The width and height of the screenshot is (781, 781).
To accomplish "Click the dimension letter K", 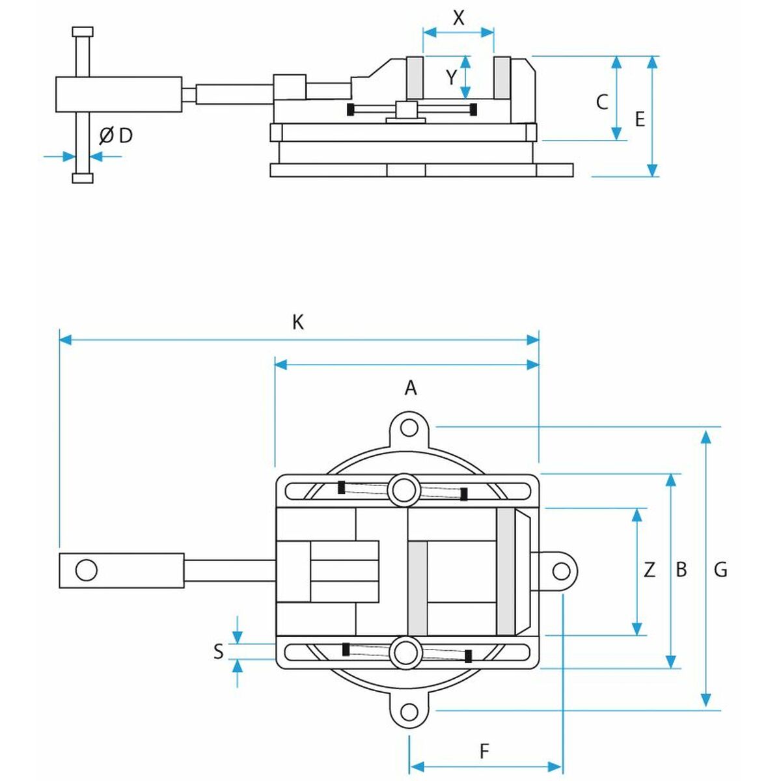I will [x=298, y=322].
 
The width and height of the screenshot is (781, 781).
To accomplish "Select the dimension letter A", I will [x=411, y=388].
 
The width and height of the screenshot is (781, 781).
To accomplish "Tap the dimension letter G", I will [x=720, y=569].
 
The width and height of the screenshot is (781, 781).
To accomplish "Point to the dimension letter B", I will [x=681, y=569].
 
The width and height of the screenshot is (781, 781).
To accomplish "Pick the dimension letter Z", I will [x=649, y=570].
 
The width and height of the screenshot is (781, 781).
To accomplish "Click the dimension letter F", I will [x=484, y=752].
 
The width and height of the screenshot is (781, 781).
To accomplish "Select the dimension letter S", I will [x=219, y=651].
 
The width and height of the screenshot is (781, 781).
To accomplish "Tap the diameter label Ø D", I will [x=116, y=135].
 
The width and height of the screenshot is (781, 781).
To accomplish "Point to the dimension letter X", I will [x=458, y=18].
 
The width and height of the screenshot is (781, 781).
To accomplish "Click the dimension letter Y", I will [x=452, y=78].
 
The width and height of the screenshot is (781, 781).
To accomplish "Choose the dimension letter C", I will [x=602, y=102].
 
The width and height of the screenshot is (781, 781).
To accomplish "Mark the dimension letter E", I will [x=640, y=120].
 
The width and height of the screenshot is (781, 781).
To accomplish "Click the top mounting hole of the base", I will [x=409, y=428].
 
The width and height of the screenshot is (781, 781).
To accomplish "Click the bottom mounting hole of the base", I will [x=409, y=711].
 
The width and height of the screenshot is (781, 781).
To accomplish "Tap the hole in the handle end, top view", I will [x=86, y=570].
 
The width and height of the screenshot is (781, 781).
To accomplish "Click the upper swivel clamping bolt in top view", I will [x=404, y=489].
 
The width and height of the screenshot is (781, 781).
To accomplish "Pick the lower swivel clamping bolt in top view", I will [x=404, y=651].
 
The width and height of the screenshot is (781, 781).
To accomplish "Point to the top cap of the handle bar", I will [x=83, y=31].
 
